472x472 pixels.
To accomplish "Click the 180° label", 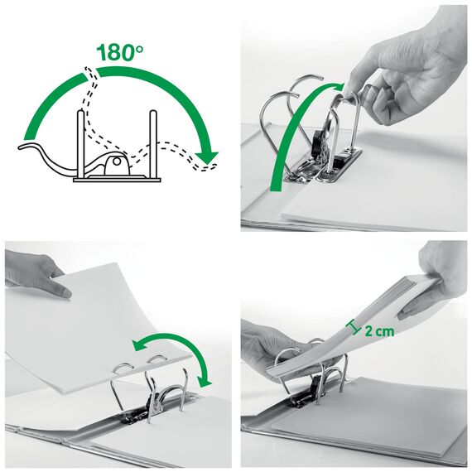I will coord(119,51).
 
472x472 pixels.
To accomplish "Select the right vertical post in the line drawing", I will coord(153,141).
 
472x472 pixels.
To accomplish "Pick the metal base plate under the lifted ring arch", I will coord(331,166).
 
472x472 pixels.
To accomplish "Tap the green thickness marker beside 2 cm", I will coord(354,328).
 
